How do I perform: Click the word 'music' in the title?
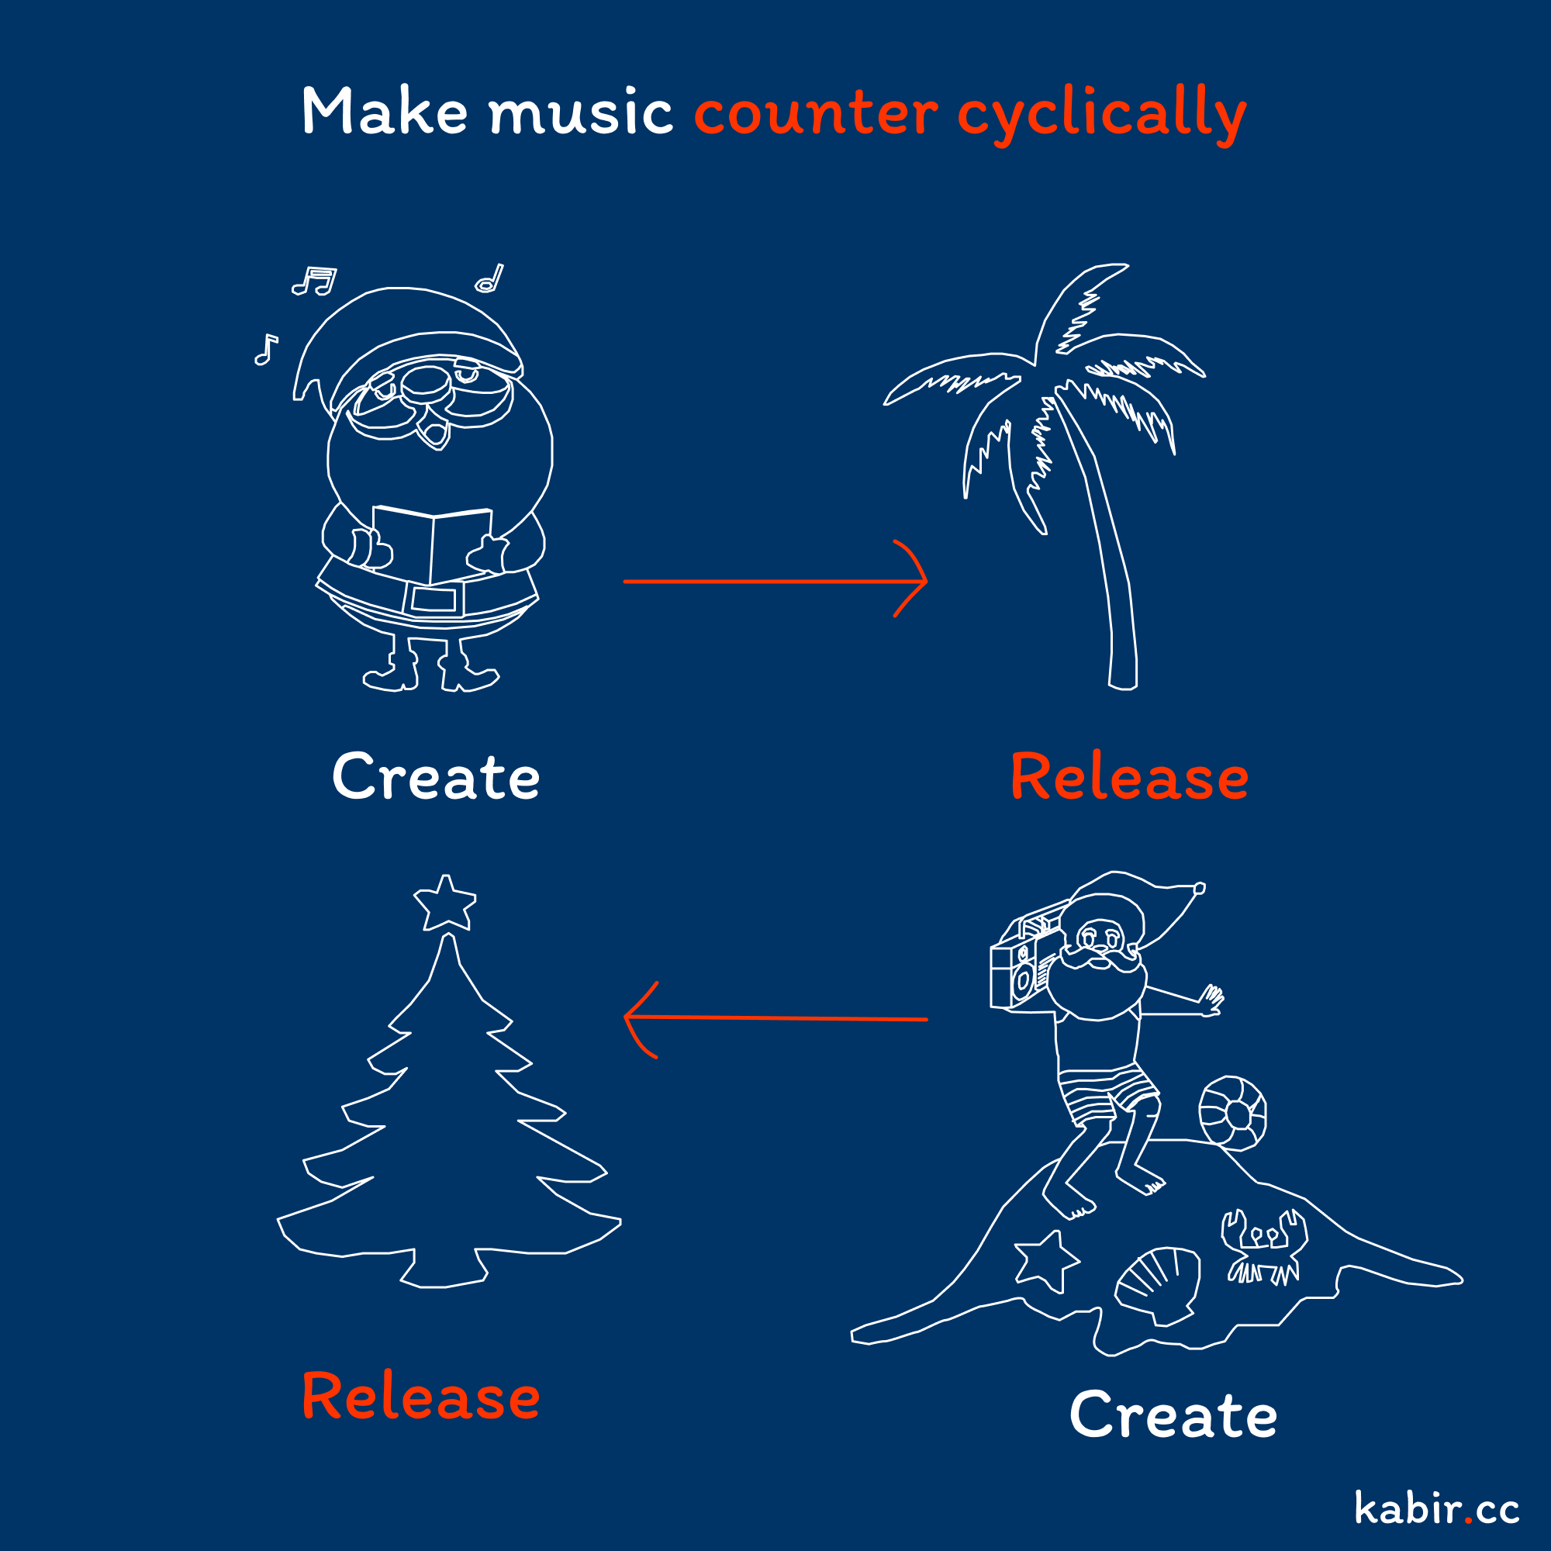coord(581,112)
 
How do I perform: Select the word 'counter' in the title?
coord(816,113)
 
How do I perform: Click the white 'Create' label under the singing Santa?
coord(436,777)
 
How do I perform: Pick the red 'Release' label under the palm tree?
coord(1130,777)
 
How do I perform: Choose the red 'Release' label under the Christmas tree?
coord(420,1396)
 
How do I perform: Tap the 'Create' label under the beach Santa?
coord(1173,1415)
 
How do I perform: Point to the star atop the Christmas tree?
coord(444,903)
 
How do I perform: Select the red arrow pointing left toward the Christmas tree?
coord(775,1019)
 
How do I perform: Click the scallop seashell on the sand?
coord(1158,1284)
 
